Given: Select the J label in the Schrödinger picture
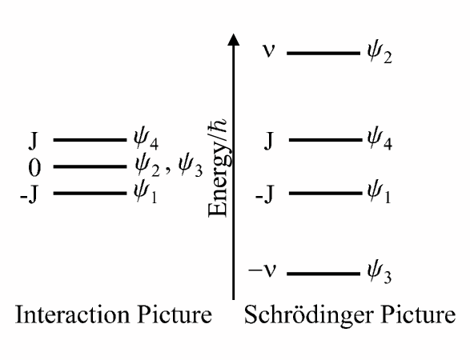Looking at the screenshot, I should pyautogui.click(x=270, y=142).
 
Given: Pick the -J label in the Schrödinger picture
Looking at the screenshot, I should pyautogui.click(x=267, y=194).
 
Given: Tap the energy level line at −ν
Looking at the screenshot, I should pyautogui.click(x=323, y=274).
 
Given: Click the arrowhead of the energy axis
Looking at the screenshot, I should pyautogui.click(x=233, y=40).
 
